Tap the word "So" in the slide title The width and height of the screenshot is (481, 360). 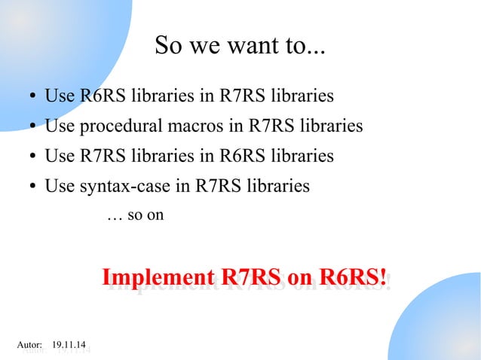167,47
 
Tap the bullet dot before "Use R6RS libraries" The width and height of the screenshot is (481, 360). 35,98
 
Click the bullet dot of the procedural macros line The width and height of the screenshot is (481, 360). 35,127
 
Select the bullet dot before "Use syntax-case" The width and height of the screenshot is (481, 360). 35,187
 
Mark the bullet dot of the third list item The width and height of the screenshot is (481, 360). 35,157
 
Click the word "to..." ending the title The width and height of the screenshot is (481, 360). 305,47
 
